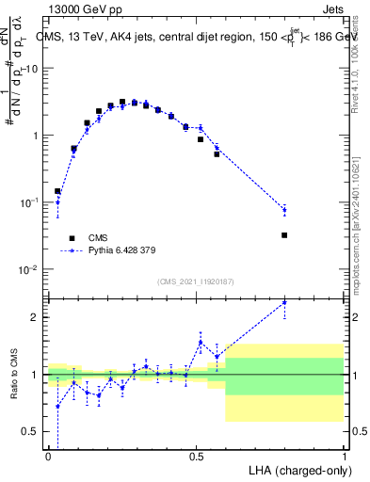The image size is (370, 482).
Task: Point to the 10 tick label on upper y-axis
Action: (x=34, y=69)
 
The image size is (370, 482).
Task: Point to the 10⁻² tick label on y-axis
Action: (x=30, y=270)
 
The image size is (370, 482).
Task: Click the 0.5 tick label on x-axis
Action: (x=196, y=456)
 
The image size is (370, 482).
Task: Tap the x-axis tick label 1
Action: (x=344, y=456)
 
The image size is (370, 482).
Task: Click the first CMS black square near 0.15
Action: (x=57, y=191)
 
